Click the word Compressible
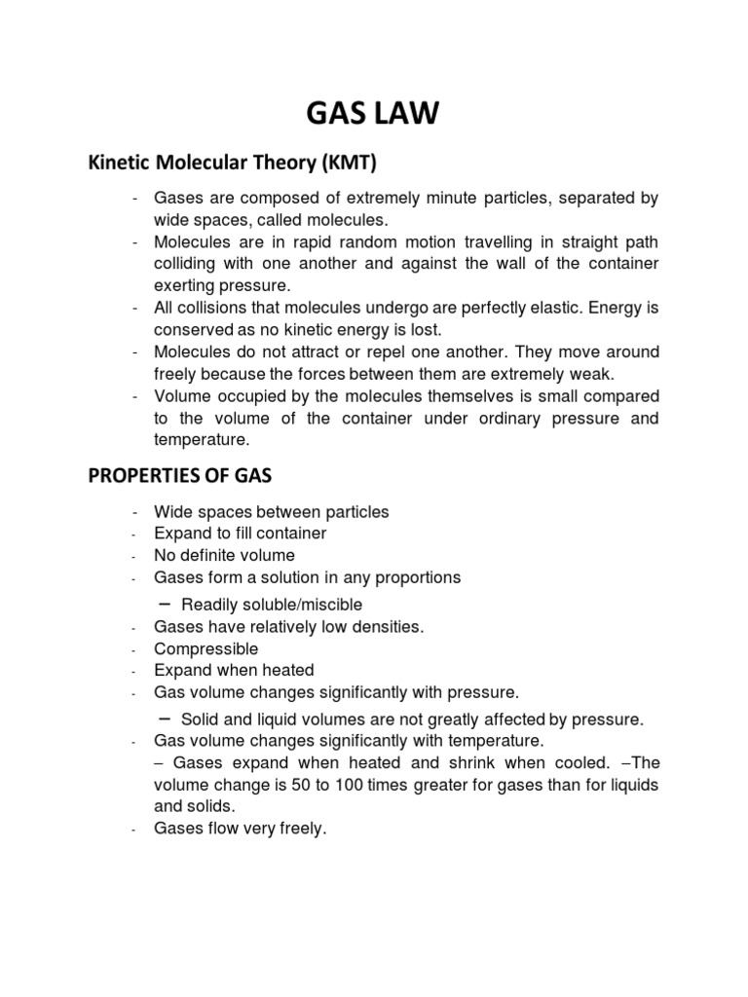[x=206, y=648]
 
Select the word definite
[x=213, y=556]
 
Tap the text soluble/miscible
[x=301, y=605]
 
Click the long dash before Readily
[x=166, y=604]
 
